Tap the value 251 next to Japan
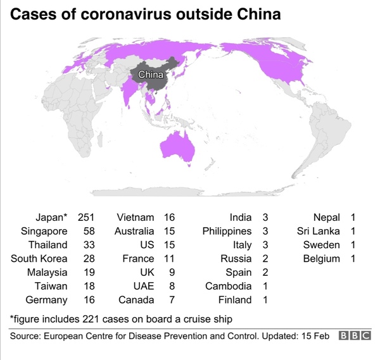(x=85, y=218)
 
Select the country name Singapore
(x=44, y=232)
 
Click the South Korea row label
(x=39, y=259)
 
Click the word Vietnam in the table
(x=136, y=218)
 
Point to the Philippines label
(x=227, y=232)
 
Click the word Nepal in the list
(x=327, y=218)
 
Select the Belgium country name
(x=321, y=259)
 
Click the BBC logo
(x=355, y=336)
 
